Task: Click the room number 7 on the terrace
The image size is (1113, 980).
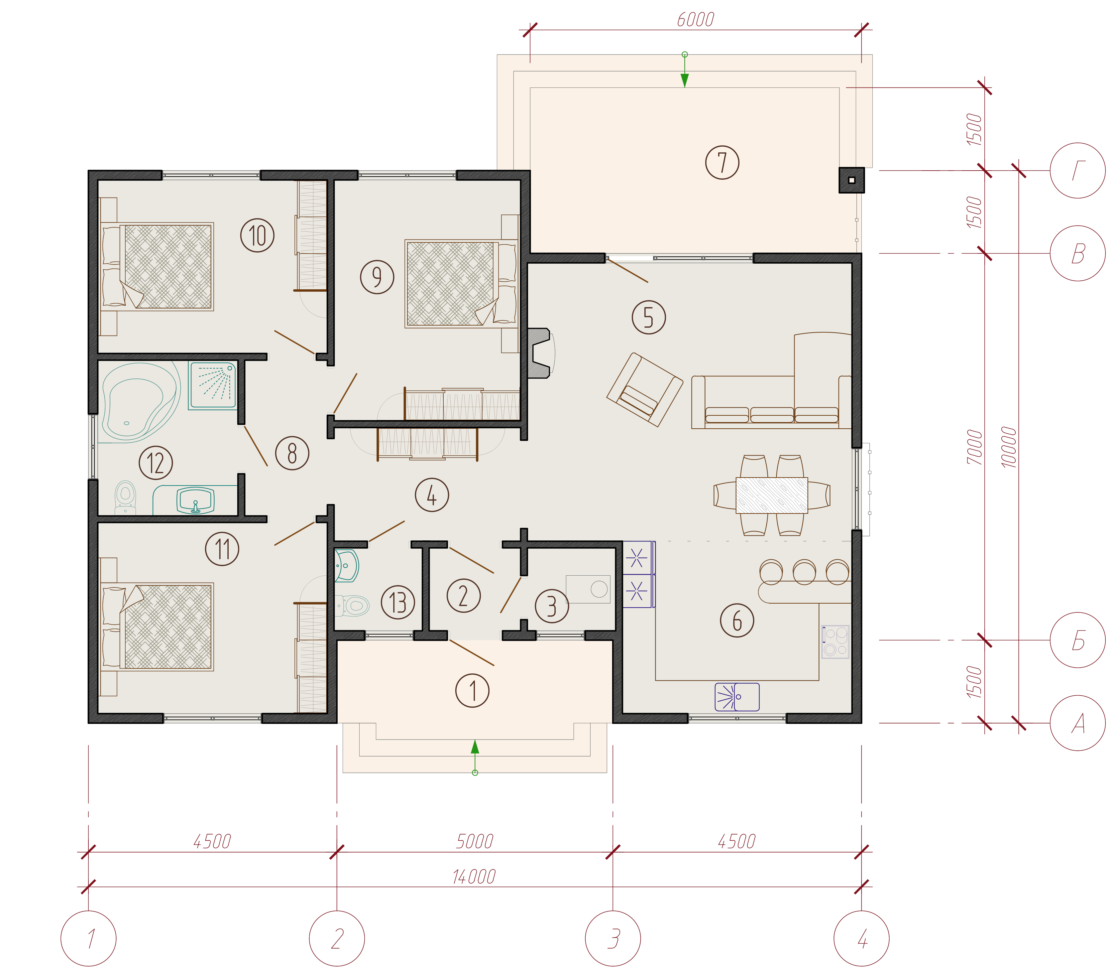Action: [722, 162]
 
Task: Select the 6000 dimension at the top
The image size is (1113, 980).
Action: [695, 20]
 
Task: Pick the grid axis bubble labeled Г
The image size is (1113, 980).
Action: [1078, 171]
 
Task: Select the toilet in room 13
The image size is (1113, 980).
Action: [352, 605]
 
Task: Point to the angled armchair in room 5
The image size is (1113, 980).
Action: [645, 389]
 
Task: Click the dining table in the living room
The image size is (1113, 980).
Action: [772, 495]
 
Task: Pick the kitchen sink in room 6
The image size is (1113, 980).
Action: [737, 697]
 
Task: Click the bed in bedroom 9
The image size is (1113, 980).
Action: [461, 284]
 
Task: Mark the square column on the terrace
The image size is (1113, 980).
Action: [852, 180]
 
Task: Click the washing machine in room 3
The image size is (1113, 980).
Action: [588, 589]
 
